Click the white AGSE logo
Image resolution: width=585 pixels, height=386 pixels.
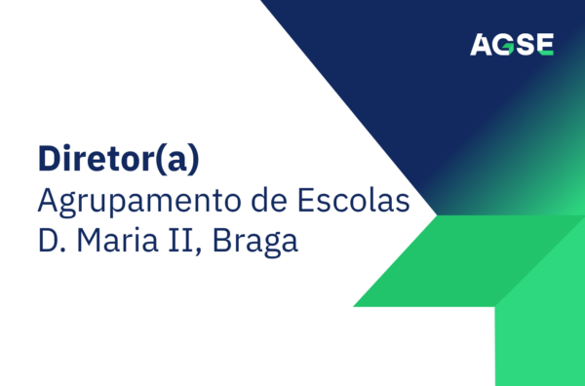tap(512, 44)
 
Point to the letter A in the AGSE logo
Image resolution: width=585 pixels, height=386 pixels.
tap(482, 44)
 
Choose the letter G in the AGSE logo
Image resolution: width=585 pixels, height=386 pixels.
tap(504, 44)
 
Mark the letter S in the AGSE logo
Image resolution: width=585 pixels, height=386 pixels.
tap(525, 44)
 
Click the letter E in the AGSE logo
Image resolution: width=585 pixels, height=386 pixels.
tap(544, 44)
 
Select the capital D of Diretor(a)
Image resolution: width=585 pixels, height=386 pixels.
tap(48, 158)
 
